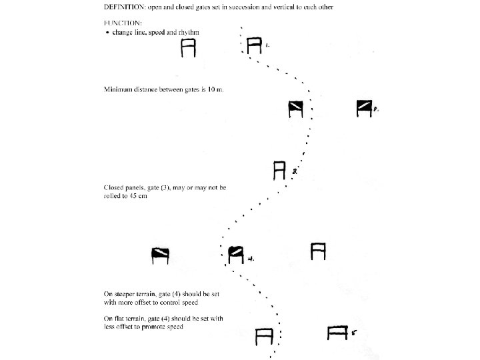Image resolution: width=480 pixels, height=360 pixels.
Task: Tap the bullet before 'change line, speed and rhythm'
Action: point(108,32)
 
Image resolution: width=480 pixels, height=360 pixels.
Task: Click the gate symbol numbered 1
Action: point(253,46)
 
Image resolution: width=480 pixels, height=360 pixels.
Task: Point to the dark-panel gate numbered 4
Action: point(235,254)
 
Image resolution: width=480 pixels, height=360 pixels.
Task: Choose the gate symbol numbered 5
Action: point(339,333)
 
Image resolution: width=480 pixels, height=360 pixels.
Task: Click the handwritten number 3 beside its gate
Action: point(295,172)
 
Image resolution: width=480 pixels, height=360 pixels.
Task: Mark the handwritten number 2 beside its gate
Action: point(376,109)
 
